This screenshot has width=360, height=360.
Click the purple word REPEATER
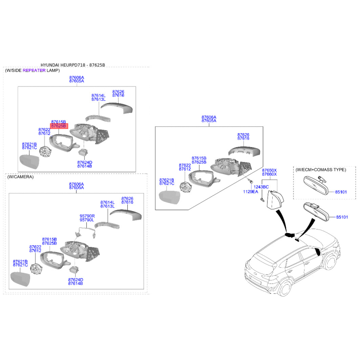(34, 71)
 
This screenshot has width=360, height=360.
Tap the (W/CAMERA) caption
(20, 177)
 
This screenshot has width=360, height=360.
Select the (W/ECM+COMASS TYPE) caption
(320, 170)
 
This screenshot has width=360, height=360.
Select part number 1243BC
(261, 187)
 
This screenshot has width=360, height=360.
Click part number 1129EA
(251, 192)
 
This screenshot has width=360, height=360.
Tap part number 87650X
(270, 171)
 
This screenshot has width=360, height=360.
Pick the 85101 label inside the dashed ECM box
(341, 192)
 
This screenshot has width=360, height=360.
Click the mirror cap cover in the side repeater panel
(116, 108)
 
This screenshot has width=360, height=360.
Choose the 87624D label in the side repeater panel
(85, 162)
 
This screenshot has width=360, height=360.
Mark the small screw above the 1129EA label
(248, 180)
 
